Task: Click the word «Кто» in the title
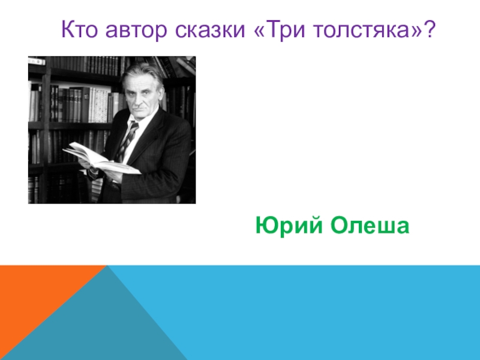(x=80, y=29)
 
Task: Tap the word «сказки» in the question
(x=210, y=30)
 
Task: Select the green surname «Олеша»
(x=370, y=226)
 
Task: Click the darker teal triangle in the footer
(x=101, y=325)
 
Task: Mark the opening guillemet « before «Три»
(x=260, y=31)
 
